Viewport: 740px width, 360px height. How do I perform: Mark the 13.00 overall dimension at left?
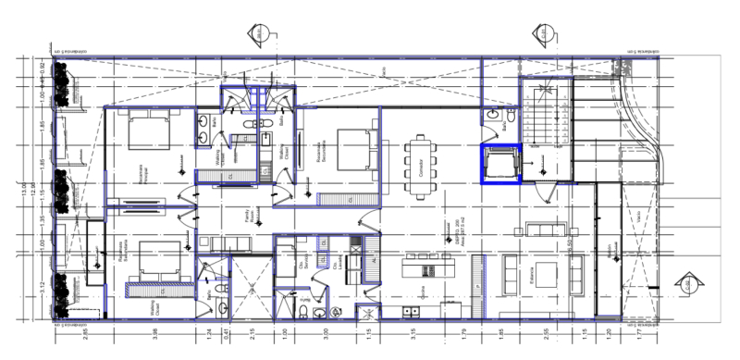25,190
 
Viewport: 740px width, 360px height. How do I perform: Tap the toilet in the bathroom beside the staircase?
507,126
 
